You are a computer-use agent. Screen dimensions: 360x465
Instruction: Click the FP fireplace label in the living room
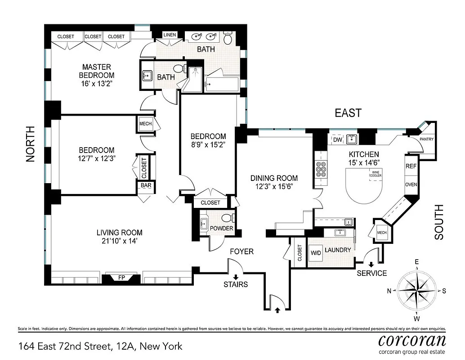point(121,278)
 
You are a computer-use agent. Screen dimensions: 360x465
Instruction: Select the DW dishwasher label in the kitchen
point(337,140)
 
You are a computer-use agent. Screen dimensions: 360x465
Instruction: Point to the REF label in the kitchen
point(411,166)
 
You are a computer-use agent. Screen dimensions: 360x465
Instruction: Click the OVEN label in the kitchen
point(411,184)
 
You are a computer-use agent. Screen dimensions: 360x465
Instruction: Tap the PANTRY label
point(426,139)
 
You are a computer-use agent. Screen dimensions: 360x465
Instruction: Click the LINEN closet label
point(170,35)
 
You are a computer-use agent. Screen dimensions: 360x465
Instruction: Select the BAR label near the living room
point(146,185)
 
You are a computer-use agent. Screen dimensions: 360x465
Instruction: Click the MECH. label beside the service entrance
point(382,232)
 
